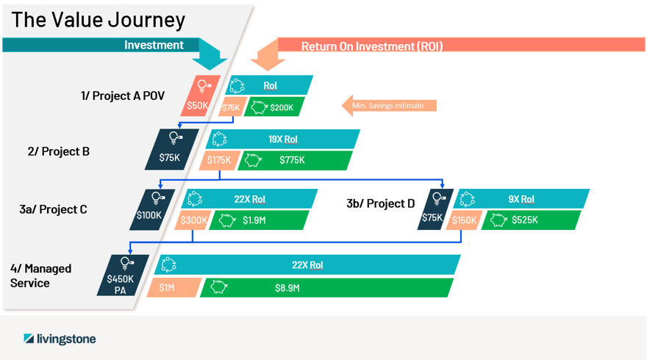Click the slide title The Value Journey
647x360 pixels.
coord(99,21)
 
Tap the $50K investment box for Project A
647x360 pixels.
coord(201,96)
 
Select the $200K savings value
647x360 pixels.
coord(282,107)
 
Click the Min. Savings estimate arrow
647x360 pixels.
coord(389,106)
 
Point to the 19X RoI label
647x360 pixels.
coord(283,140)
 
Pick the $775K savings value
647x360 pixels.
coord(292,160)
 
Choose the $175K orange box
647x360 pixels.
coord(220,160)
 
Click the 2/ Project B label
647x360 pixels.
coord(59,152)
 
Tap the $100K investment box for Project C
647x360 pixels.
coord(152,209)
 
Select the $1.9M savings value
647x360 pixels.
coord(254,220)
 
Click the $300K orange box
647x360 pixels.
coord(193,220)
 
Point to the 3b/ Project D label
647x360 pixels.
coord(380,204)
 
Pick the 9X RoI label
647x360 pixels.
coord(521,199)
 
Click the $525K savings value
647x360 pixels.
coord(525,220)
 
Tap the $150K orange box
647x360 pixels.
coord(465,220)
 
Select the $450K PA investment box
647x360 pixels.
coord(123,275)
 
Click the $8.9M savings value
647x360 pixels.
coord(287,288)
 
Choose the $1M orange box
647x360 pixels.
coord(174,287)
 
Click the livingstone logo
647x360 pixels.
coord(60,339)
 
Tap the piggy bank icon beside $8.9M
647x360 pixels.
coord(219,287)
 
